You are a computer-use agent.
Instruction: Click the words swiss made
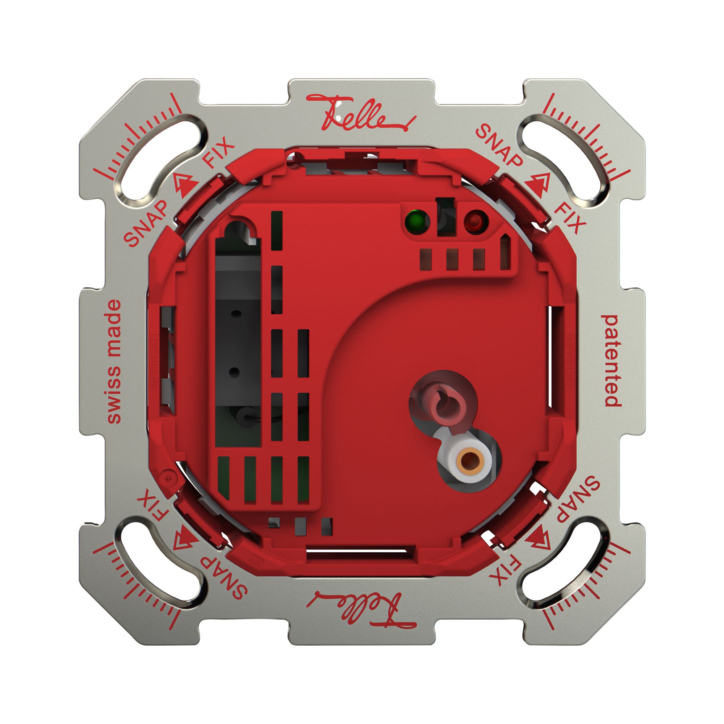[x=114, y=362]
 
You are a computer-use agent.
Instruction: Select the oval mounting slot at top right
[x=565, y=160]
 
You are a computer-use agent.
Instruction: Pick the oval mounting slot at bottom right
[x=565, y=563]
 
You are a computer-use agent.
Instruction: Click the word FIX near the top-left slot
[x=219, y=152]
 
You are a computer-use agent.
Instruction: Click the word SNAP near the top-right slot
[x=499, y=146]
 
